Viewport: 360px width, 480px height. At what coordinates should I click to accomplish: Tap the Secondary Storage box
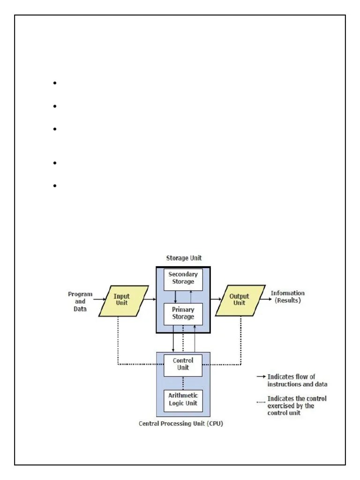183,278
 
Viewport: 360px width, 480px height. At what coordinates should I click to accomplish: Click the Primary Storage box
183,314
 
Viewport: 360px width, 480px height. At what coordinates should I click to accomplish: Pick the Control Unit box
183,365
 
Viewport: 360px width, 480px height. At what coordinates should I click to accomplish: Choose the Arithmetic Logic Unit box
183,400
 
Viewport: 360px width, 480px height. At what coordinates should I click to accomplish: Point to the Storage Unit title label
184,258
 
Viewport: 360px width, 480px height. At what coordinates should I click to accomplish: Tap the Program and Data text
80,301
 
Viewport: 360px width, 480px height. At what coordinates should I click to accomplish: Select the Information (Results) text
287,297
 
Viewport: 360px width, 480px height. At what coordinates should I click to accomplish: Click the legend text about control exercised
297,405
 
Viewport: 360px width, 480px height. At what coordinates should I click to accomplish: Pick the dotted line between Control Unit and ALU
183,382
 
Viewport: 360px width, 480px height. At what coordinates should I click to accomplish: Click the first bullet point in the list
55,83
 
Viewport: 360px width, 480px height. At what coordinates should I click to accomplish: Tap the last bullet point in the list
55,186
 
